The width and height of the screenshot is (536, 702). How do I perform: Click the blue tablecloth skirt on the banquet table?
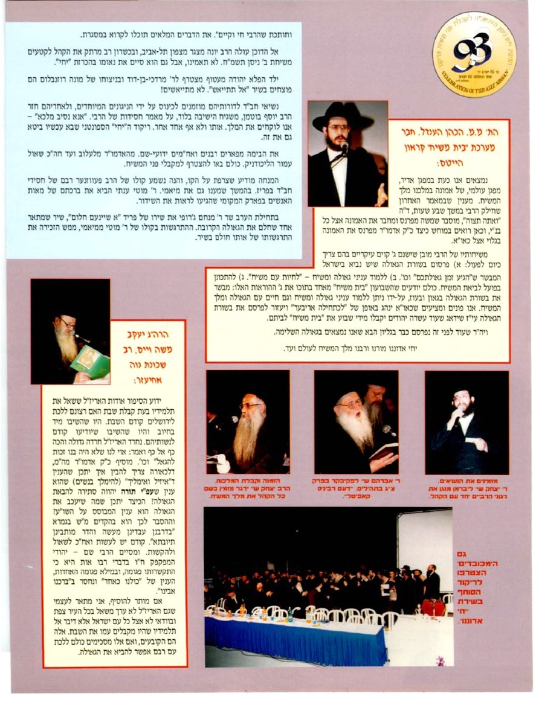pyautogui.click(x=296, y=640)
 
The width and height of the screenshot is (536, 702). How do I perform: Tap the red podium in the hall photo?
pyautogui.click(x=433, y=607)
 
